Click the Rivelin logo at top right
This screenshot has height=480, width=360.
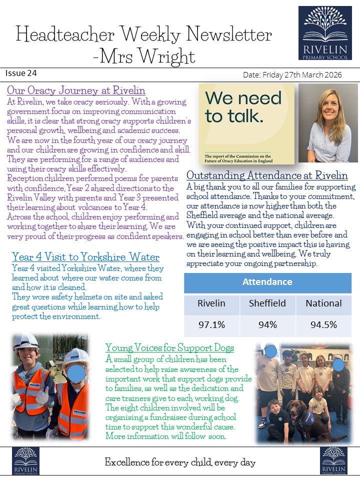pyautogui.click(x=325, y=32)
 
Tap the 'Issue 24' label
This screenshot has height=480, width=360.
pyautogui.click(x=21, y=73)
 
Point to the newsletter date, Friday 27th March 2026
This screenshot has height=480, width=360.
pyautogui.click(x=292, y=75)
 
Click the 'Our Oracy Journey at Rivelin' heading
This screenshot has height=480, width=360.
pyautogui.click(x=76, y=90)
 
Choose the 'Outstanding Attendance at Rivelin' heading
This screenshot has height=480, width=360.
pyautogui.click(x=267, y=175)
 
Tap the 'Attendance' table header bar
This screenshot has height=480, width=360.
pyautogui.click(x=267, y=282)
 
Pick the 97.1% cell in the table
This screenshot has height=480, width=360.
pyautogui.click(x=211, y=324)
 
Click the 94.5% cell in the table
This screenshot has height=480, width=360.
pyautogui.click(x=323, y=324)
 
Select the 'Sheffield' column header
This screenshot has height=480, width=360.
pyautogui.click(x=267, y=303)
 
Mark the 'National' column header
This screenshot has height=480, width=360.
pyautogui.click(x=323, y=303)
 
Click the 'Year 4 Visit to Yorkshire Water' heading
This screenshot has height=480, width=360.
pyautogui.click(x=85, y=257)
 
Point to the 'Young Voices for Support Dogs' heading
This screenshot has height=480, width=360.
pyautogui.click(x=170, y=347)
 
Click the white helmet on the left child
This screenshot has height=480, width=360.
pyautogui.click(x=25, y=341)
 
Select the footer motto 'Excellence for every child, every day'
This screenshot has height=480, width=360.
pyautogui.click(x=180, y=462)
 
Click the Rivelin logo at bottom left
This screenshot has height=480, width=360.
pyautogui.click(x=25, y=461)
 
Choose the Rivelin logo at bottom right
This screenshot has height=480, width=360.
pyautogui.click(x=333, y=461)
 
